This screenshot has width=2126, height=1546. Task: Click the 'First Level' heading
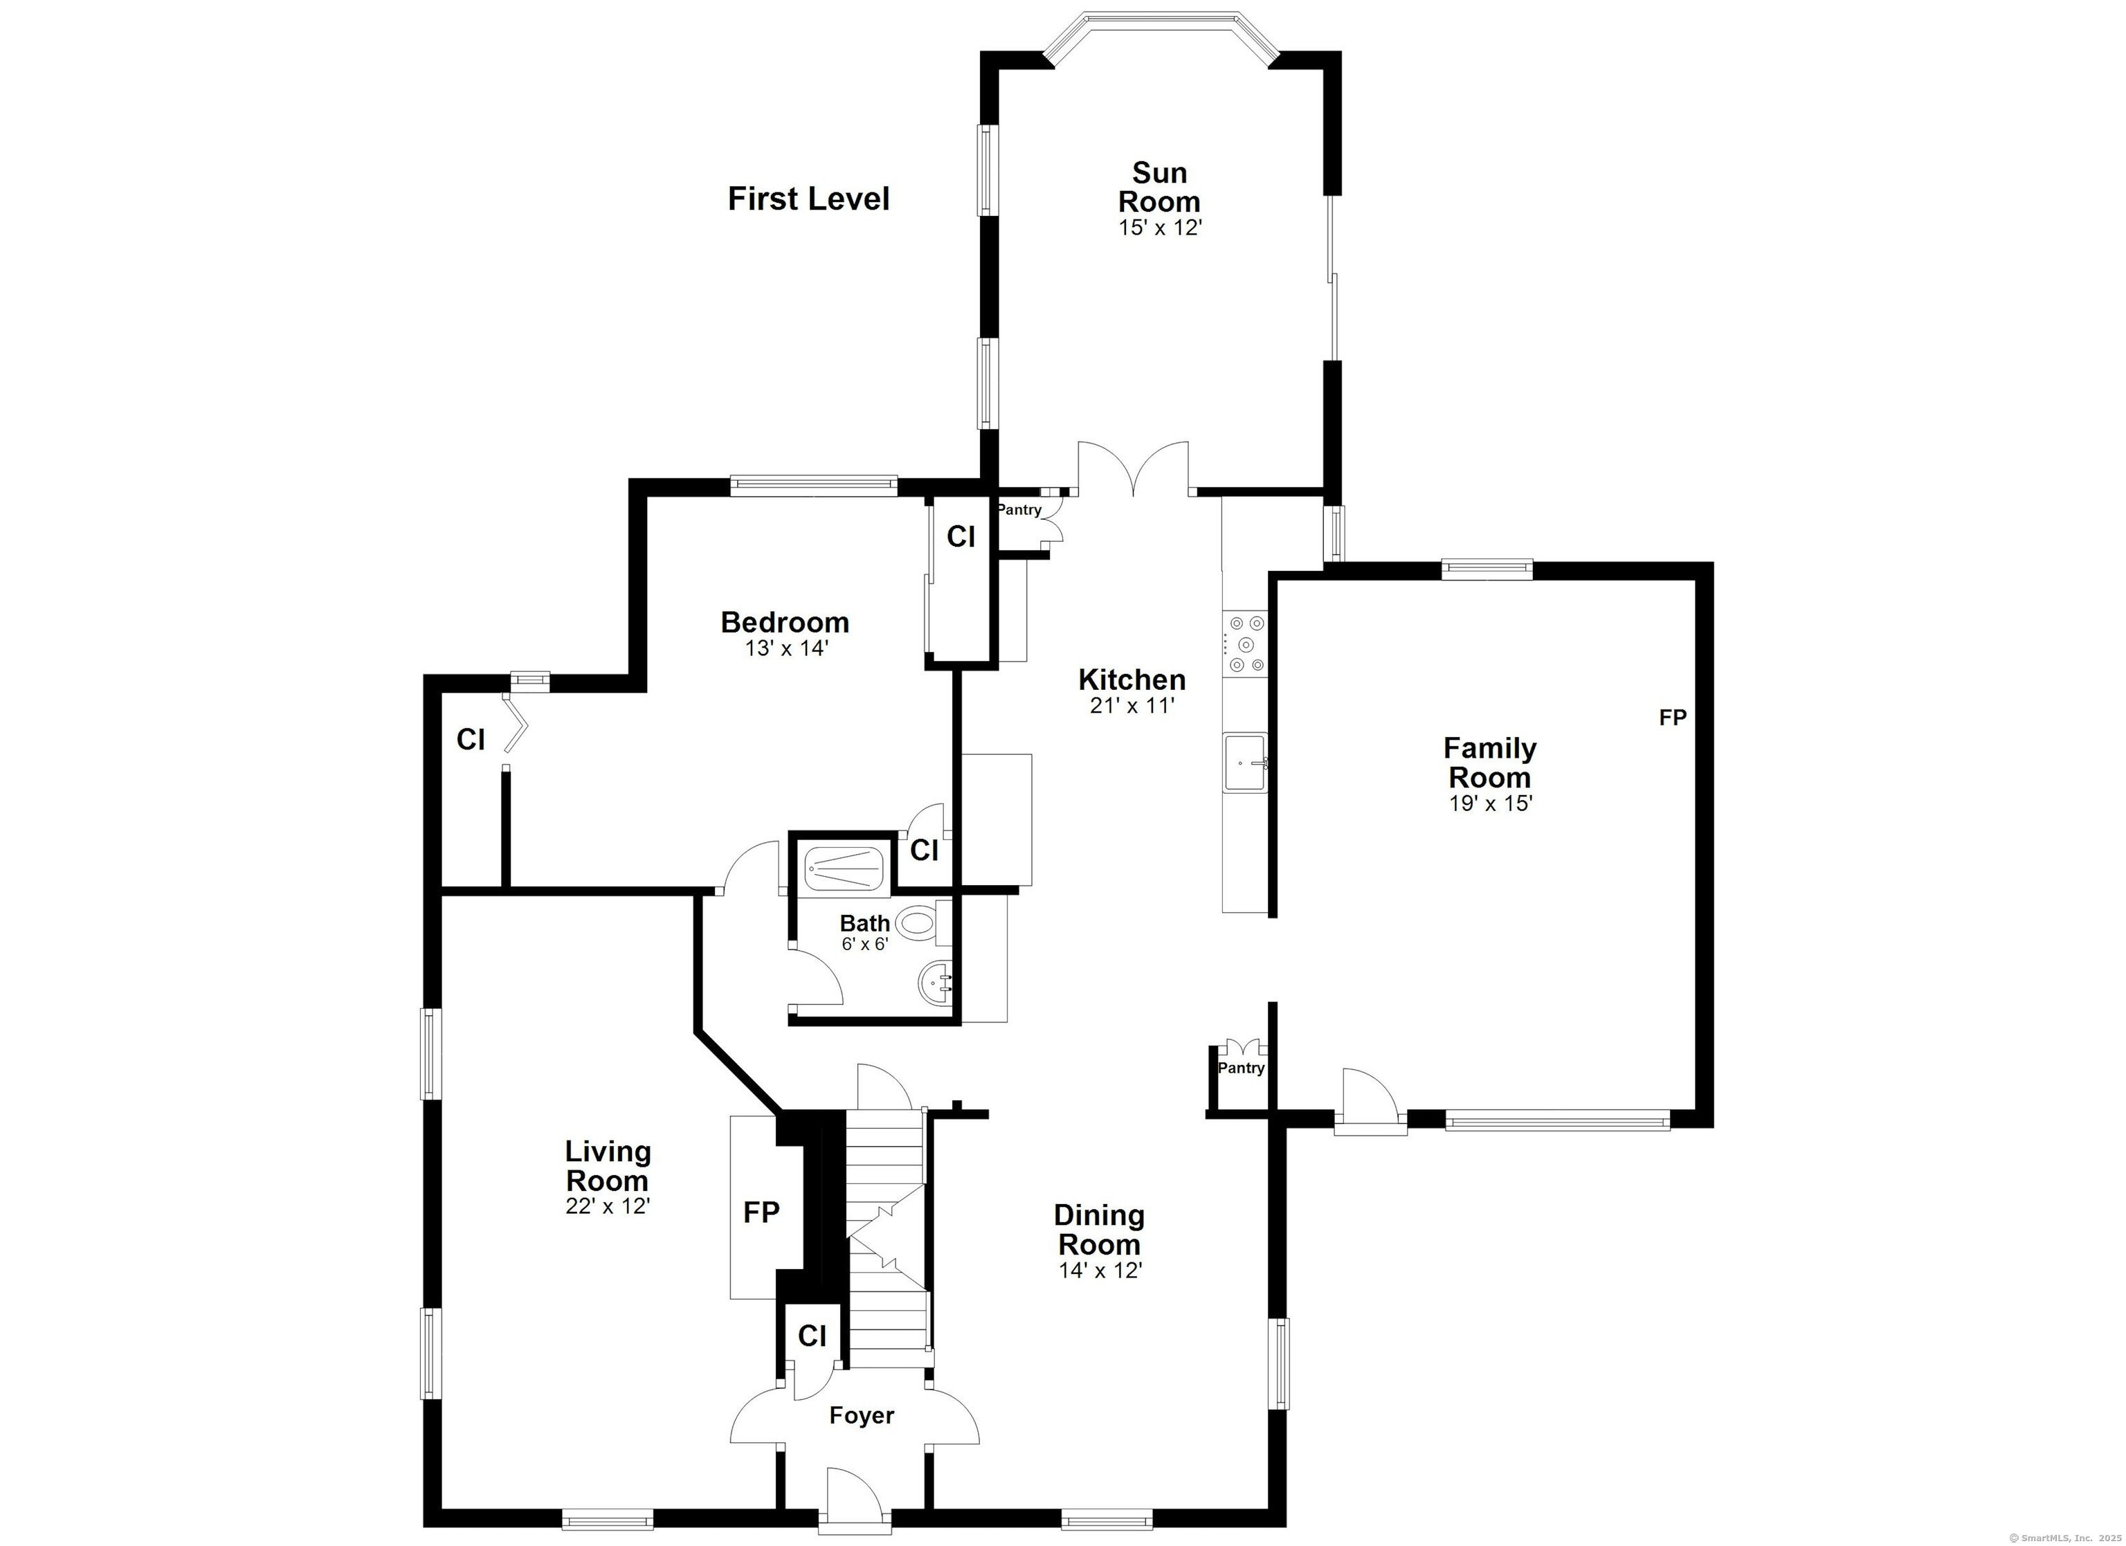pyautogui.click(x=808, y=199)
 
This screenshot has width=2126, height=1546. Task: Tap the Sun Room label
pyautogui.click(x=1160, y=187)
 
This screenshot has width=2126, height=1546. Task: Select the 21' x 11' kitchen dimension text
pyautogui.click(x=1132, y=705)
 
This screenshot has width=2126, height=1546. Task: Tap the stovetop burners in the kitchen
pyautogui.click(x=1246, y=643)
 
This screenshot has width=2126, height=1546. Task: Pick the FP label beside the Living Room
pyautogui.click(x=761, y=1212)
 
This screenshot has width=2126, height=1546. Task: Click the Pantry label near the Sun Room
pyautogui.click(x=1019, y=510)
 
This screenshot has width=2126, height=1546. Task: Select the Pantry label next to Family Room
pyautogui.click(x=1241, y=1068)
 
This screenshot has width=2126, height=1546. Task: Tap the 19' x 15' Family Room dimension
pyautogui.click(x=1491, y=803)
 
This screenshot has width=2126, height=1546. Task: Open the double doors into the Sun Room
pyautogui.click(x=1134, y=469)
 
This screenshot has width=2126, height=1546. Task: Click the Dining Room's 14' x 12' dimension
pyautogui.click(x=1100, y=1271)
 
